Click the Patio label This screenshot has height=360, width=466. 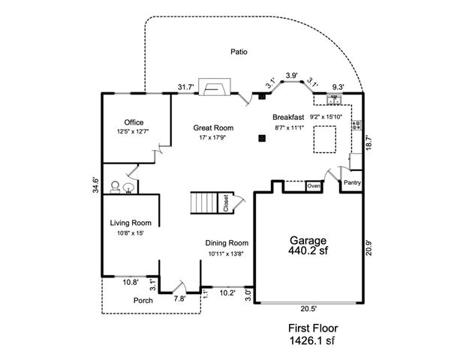(x=239, y=52)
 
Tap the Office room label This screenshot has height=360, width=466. (x=134, y=122)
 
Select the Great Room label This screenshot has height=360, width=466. (x=214, y=127)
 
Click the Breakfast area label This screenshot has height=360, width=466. (x=287, y=118)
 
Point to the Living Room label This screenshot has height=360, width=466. (x=131, y=223)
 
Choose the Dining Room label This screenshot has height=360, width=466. (x=227, y=243)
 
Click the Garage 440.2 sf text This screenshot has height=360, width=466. (x=308, y=246)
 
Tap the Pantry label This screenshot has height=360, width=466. (x=353, y=182)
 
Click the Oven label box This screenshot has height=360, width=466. (x=313, y=185)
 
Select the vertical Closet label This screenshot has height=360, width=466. (x=226, y=203)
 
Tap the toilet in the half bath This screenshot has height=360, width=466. (x=115, y=187)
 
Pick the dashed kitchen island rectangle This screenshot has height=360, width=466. (x=324, y=139)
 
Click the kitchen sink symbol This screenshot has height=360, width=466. (x=332, y=99)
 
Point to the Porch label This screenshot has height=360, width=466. (x=143, y=301)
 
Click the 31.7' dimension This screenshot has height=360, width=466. (x=186, y=88)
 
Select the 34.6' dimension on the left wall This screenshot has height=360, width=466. (x=95, y=185)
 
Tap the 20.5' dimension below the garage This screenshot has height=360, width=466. (x=308, y=309)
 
